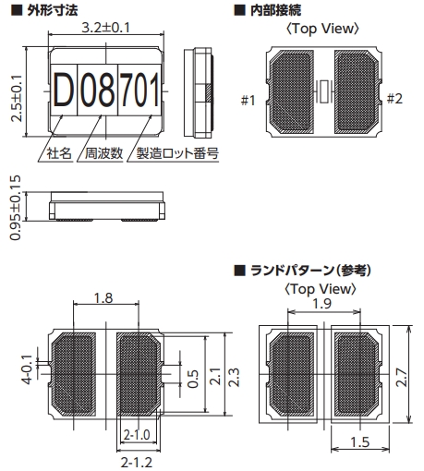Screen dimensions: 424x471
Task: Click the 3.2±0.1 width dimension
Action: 105,28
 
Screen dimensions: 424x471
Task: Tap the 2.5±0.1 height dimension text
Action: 17,98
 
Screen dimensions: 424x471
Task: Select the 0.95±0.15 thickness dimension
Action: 16,208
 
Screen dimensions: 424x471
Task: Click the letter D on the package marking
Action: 65,90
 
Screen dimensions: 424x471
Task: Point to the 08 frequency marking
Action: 98,90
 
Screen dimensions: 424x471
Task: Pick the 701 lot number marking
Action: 139,90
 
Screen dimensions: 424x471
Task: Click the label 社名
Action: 59,153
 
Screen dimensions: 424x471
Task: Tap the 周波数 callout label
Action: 103,153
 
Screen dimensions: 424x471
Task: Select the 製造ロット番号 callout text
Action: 177,153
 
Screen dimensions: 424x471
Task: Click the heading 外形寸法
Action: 53,10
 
